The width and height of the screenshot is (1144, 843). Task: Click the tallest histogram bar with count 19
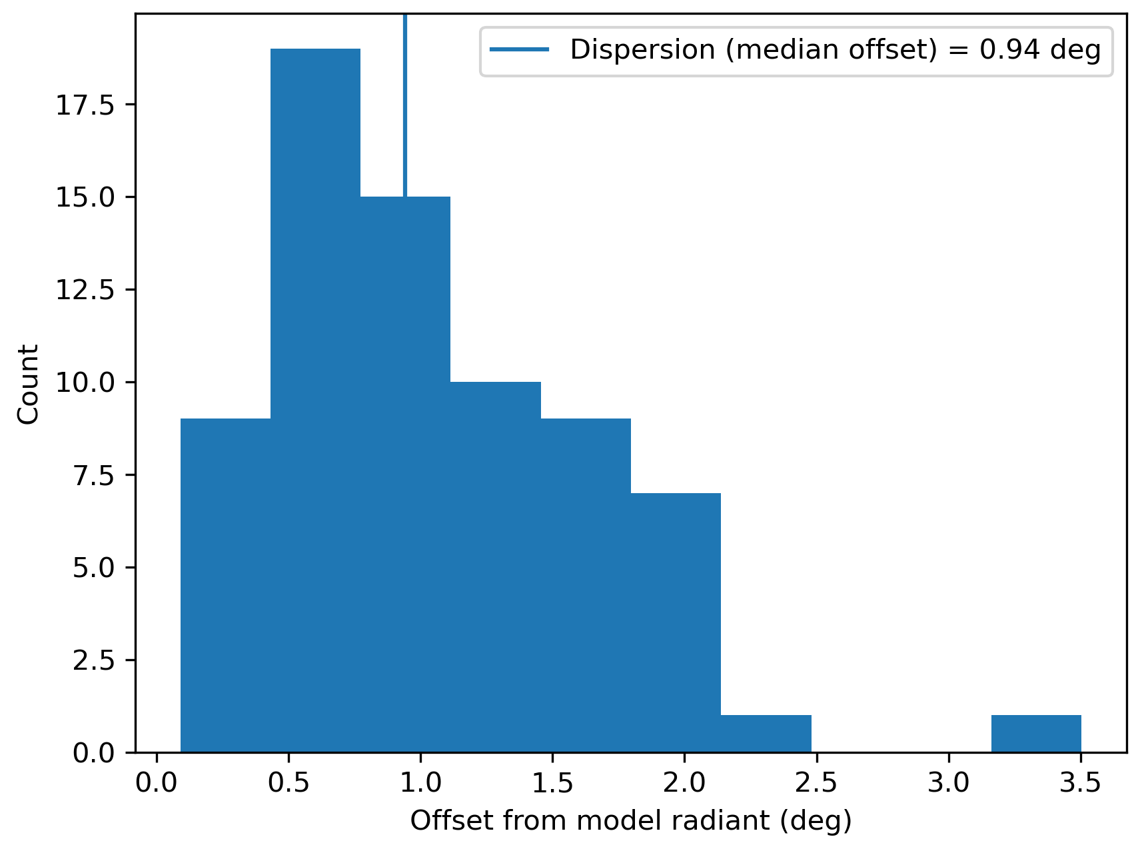tap(315, 400)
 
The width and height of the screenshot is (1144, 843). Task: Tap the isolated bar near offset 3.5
tap(1036, 734)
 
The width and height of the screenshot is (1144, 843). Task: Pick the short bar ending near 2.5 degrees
tap(766, 734)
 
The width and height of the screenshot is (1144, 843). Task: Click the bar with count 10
tap(495, 566)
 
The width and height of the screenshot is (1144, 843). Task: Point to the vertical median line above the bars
tap(405, 100)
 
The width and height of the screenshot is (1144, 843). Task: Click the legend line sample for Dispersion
tap(520, 49)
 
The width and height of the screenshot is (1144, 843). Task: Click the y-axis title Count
tap(29, 384)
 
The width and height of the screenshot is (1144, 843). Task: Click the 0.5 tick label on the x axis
tap(288, 783)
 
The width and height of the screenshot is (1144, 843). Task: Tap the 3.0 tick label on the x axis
tap(949, 783)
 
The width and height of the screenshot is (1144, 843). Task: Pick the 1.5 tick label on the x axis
tap(552, 783)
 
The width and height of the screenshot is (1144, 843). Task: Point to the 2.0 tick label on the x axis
tap(684, 783)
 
